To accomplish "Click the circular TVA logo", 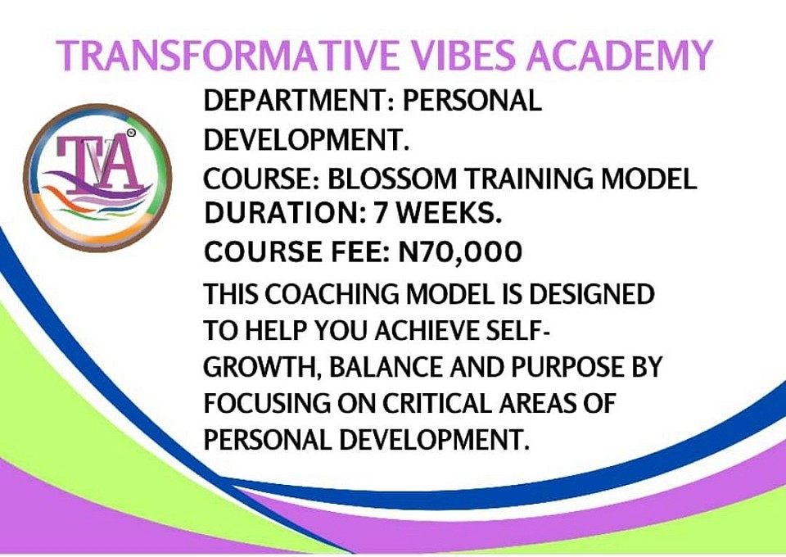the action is (x=97, y=178).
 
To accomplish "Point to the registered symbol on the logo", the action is (x=131, y=133).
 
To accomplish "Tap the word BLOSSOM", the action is (x=392, y=179).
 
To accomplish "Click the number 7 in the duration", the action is (x=382, y=214).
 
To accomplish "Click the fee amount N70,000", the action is (x=460, y=252).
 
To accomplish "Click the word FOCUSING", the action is (x=267, y=404).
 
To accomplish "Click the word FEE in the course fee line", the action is (x=360, y=252).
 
